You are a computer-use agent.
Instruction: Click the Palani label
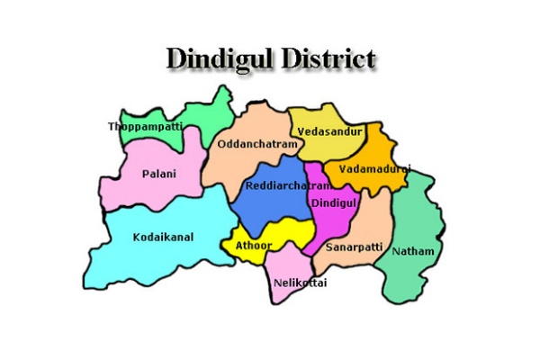159,173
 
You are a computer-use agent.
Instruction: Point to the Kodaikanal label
163,237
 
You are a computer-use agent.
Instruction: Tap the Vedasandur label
329,131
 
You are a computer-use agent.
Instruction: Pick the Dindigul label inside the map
334,203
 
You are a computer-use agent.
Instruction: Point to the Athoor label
254,245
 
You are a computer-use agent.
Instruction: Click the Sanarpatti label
354,246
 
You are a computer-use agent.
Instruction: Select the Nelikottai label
300,283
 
